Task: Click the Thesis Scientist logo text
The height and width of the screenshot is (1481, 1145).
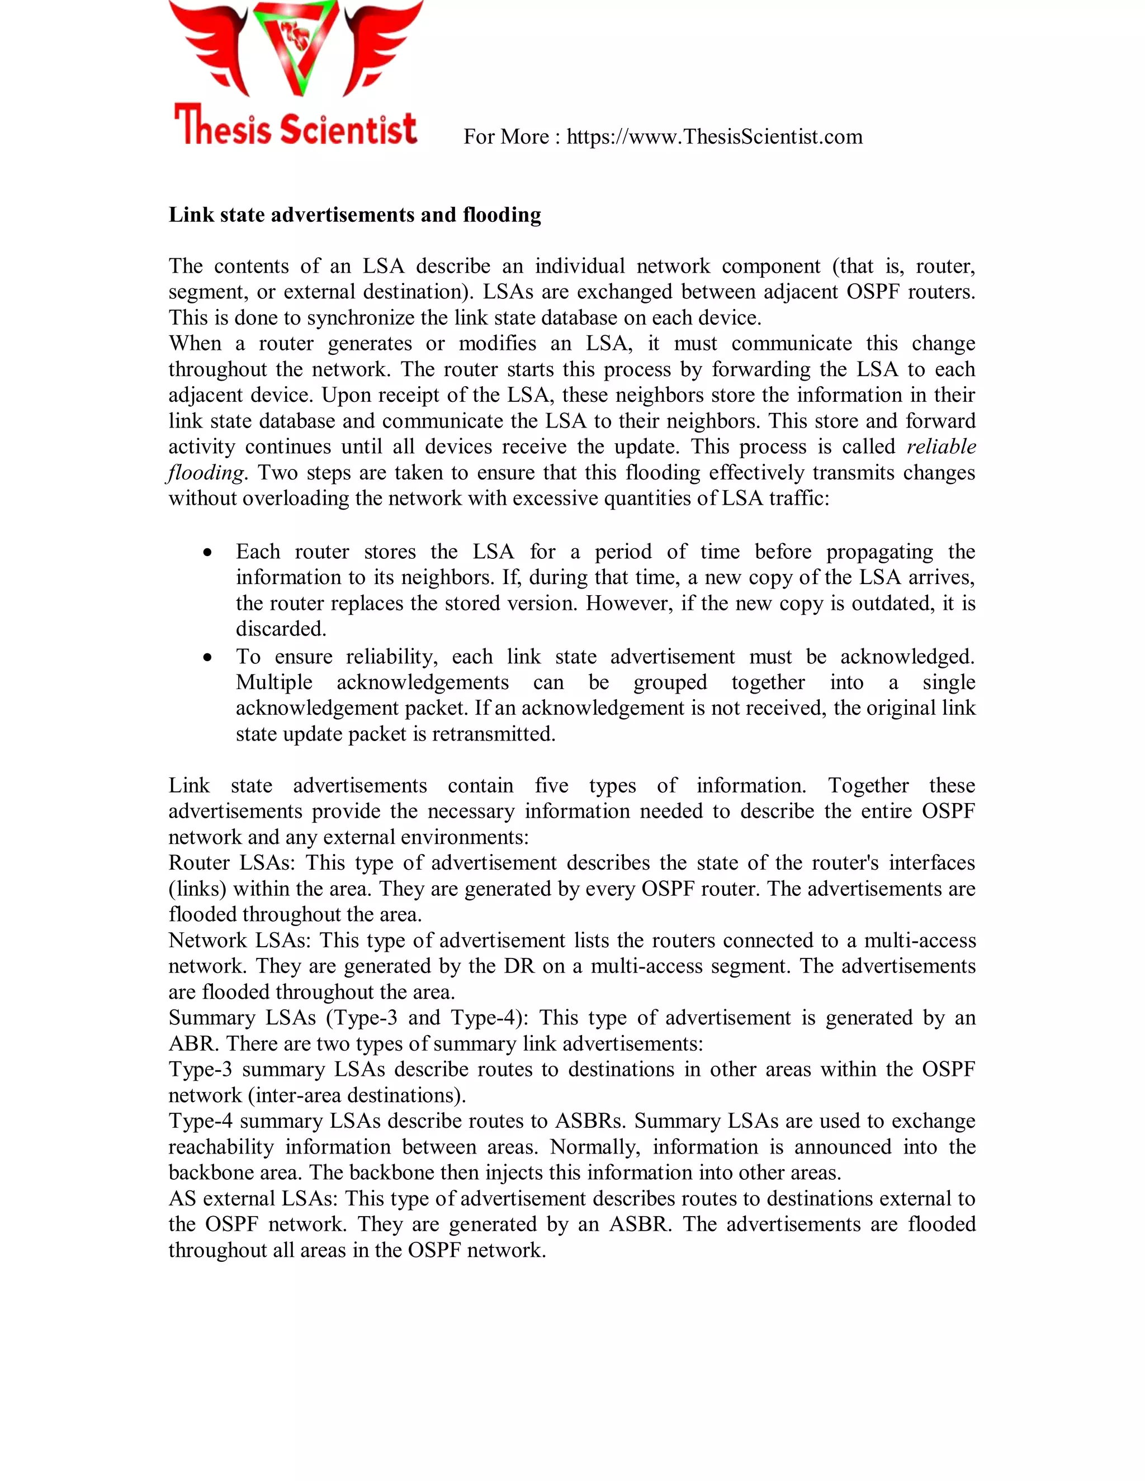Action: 295,127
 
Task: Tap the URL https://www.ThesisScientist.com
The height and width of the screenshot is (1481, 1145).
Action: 715,137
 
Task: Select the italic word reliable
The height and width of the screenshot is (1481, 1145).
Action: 941,447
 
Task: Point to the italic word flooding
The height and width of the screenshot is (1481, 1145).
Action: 206,473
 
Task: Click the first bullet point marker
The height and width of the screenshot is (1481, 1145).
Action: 207,553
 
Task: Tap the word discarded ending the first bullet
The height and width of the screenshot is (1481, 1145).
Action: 280,629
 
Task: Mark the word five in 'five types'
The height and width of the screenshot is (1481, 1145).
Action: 551,786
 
